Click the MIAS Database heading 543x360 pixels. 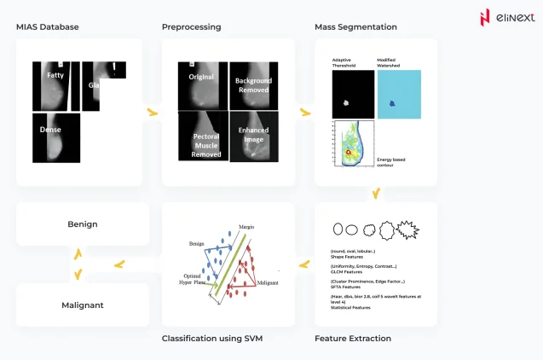point(48,27)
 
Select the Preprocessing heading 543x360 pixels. point(191,27)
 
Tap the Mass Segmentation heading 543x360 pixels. point(355,27)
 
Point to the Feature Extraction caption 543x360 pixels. point(353,339)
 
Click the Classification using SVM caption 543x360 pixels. point(211,339)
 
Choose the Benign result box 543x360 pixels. point(83,224)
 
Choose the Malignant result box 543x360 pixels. point(83,305)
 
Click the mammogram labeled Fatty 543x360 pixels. point(55,85)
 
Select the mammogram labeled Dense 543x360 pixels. point(55,136)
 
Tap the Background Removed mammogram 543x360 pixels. point(252,85)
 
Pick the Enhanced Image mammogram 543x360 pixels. point(252,136)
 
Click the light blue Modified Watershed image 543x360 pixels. point(397,94)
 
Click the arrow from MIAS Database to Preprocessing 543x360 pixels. point(153,112)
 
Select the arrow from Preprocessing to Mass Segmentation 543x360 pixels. point(304,112)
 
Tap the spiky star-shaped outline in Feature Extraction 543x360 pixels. point(411,229)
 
